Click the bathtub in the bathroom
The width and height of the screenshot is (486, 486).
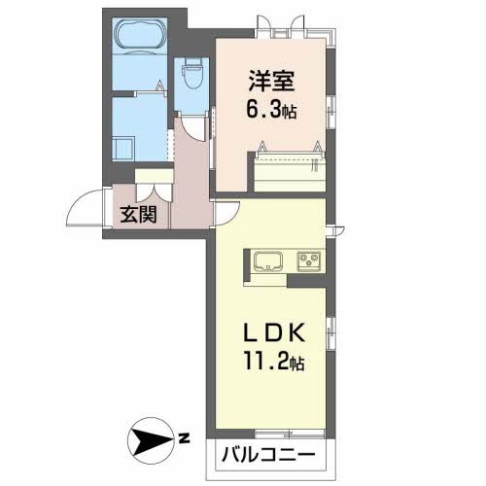[140, 36]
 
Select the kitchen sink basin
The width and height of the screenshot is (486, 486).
[268, 260]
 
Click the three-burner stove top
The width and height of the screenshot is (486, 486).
[309, 261]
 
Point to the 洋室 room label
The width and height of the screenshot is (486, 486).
[271, 81]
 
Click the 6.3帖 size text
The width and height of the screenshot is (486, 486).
[271, 109]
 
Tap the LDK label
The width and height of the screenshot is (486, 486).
[274, 333]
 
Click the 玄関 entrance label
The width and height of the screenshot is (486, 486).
[139, 214]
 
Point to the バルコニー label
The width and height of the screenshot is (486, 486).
[268, 454]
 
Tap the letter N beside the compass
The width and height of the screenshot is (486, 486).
[184, 438]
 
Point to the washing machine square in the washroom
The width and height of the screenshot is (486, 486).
[123, 149]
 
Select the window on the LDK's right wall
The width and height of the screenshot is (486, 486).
[330, 333]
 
